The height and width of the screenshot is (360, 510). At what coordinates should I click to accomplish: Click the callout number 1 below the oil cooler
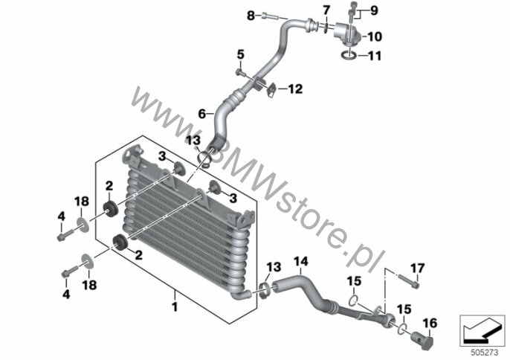175,306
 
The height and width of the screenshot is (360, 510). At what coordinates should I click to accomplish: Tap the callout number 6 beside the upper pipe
202,115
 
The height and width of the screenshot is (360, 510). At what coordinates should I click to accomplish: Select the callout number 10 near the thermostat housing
375,36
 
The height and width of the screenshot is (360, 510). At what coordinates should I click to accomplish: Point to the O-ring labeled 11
349,56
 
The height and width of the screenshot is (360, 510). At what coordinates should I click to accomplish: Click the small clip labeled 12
272,89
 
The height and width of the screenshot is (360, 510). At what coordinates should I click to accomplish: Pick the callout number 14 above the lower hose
301,261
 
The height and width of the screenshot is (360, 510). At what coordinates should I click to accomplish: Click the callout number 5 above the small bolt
240,55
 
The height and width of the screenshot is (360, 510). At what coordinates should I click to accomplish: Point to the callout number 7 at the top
326,10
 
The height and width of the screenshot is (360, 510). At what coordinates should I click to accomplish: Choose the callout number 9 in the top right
375,10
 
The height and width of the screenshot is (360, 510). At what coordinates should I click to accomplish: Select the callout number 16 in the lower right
430,324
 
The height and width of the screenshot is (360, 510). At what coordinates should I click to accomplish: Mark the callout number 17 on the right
418,269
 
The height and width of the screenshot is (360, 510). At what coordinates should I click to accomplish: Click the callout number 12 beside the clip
295,89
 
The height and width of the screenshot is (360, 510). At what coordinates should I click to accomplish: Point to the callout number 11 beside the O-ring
375,56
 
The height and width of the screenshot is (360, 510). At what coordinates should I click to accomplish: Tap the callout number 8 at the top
251,16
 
